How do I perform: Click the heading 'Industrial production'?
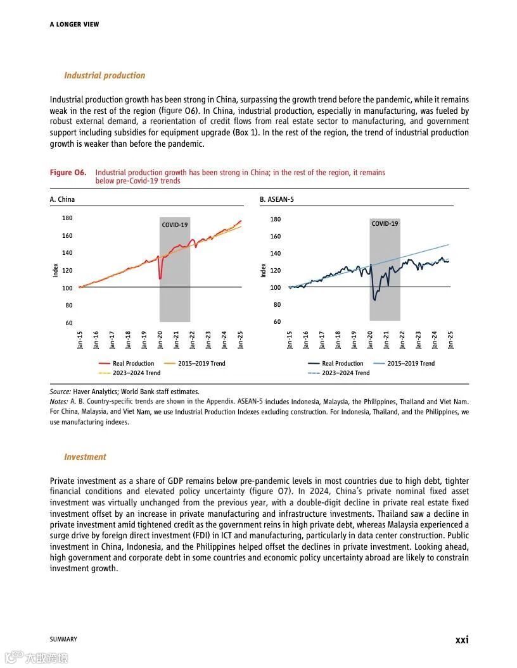(x=105, y=75)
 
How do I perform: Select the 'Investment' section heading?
(x=85, y=457)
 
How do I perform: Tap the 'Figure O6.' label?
(x=68, y=173)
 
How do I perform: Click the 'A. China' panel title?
(x=62, y=199)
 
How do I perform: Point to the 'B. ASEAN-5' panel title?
(x=277, y=199)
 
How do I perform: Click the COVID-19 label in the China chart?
(x=175, y=225)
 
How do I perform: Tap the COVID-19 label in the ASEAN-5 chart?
(x=385, y=224)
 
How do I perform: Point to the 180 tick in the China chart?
(x=67, y=218)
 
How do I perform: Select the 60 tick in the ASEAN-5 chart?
(x=277, y=322)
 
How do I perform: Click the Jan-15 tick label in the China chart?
(x=80, y=340)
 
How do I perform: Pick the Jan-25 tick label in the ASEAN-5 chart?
(x=450, y=340)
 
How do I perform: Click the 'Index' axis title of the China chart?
(x=55, y=270)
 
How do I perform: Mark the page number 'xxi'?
(x=462, y=640)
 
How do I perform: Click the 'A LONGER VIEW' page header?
(x=74, y=25)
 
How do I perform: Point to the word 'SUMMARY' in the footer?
(x=63, y=640)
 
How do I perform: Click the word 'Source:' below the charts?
(x=60, y=392)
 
